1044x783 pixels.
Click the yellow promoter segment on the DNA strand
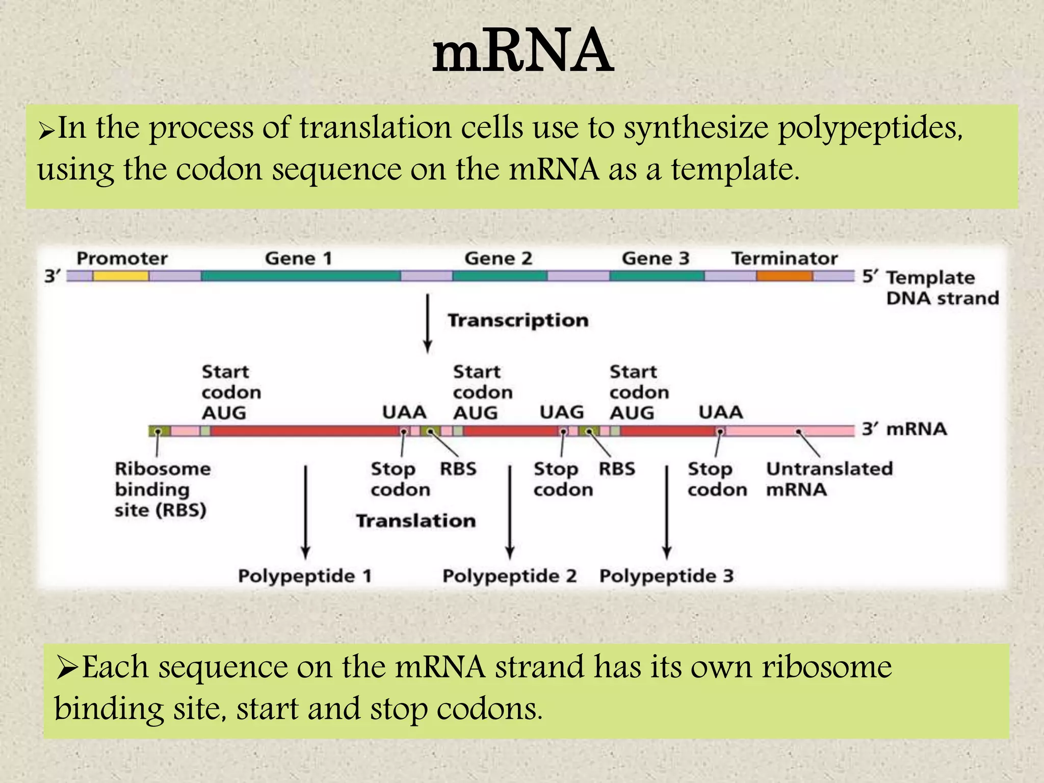pos(121,276)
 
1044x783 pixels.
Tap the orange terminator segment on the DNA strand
pos(784,276)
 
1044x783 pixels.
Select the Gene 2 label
pos(498,258)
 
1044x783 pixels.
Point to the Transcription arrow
pos(428,323)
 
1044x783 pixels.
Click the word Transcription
pos(518,320)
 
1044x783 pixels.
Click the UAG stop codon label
pos(561,412)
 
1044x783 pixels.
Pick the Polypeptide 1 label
pos(305,576)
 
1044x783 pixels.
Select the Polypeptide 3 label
pos(666,576)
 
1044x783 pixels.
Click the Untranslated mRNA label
pos(828,479)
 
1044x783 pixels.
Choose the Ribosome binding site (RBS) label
pos(162,489)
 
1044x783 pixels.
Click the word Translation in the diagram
pos(415,520)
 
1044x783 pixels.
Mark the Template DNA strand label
pos(942,288)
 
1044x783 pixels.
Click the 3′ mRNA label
pos(904,429)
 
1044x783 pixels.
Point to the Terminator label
pos(784,258)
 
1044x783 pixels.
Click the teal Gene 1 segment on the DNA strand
pos(301,276)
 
